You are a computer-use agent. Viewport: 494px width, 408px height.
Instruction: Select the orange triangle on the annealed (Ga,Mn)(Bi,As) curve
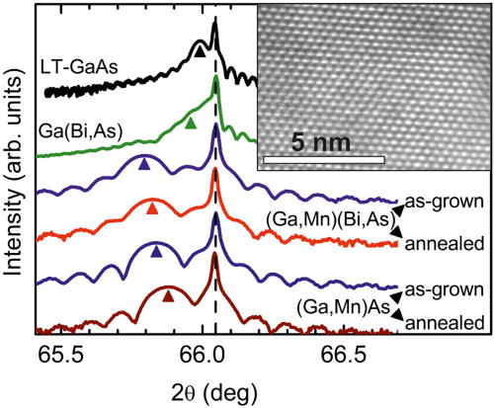click(152, 207)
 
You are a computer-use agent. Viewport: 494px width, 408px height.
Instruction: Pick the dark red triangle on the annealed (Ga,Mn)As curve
click(168, 294)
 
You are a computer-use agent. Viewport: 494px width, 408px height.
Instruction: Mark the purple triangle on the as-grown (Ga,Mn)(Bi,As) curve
click(144, 165)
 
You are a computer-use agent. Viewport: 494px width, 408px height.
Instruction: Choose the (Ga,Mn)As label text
click(343, 305)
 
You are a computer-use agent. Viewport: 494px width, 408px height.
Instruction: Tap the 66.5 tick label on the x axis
click(345, 354)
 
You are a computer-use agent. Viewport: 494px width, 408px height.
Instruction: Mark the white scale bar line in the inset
click(325, 158)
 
